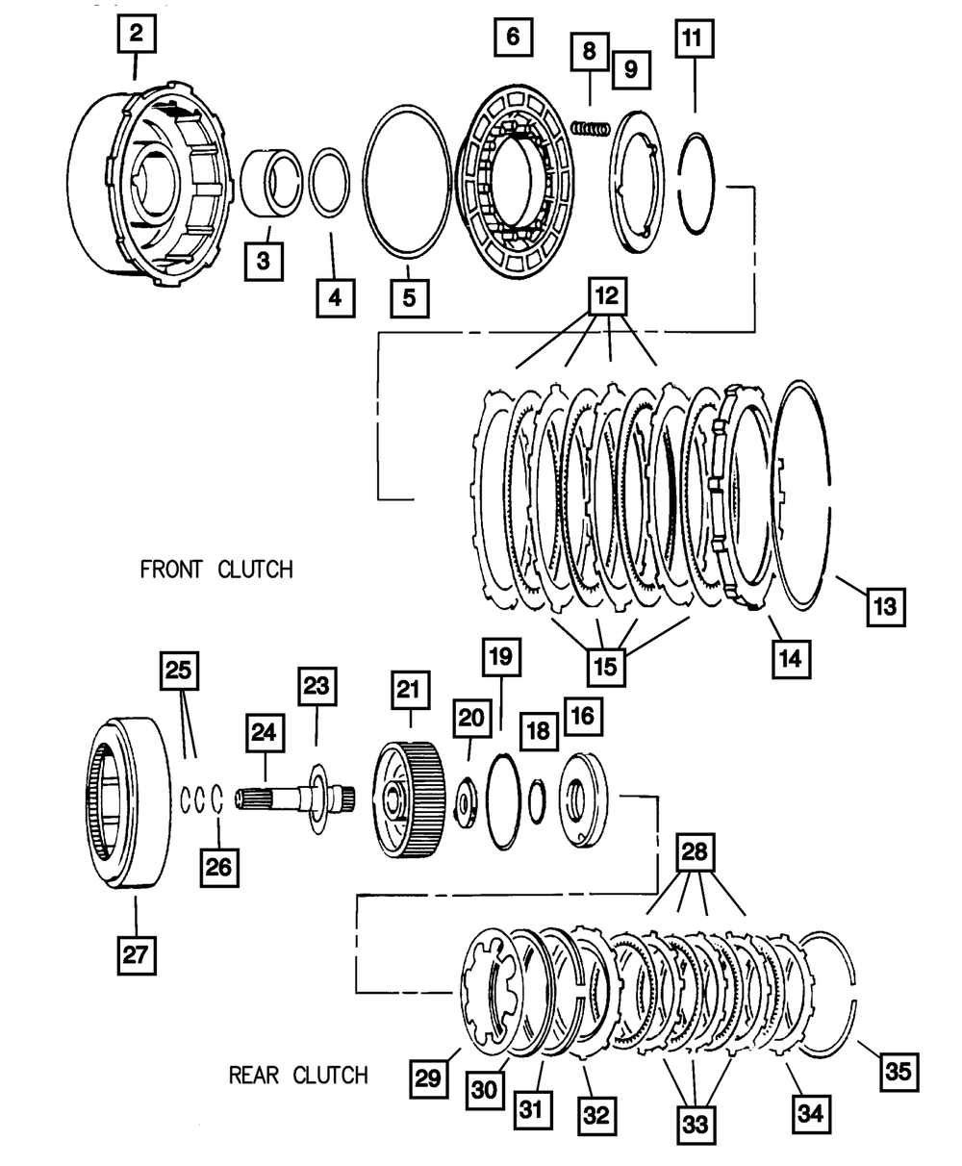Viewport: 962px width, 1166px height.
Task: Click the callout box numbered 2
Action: (x=137, y=37)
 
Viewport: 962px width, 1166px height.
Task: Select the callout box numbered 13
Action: (x=885, y=606)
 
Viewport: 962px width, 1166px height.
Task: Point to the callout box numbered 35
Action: (x=897, y=1071)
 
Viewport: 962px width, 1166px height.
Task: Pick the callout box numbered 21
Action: (x=410, y=691)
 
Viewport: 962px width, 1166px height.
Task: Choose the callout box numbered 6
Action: (x=513, y=38)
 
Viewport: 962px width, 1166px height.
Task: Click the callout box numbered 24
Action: (x=265, y=732)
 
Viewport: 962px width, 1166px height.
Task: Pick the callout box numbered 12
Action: (x=608, y=297)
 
